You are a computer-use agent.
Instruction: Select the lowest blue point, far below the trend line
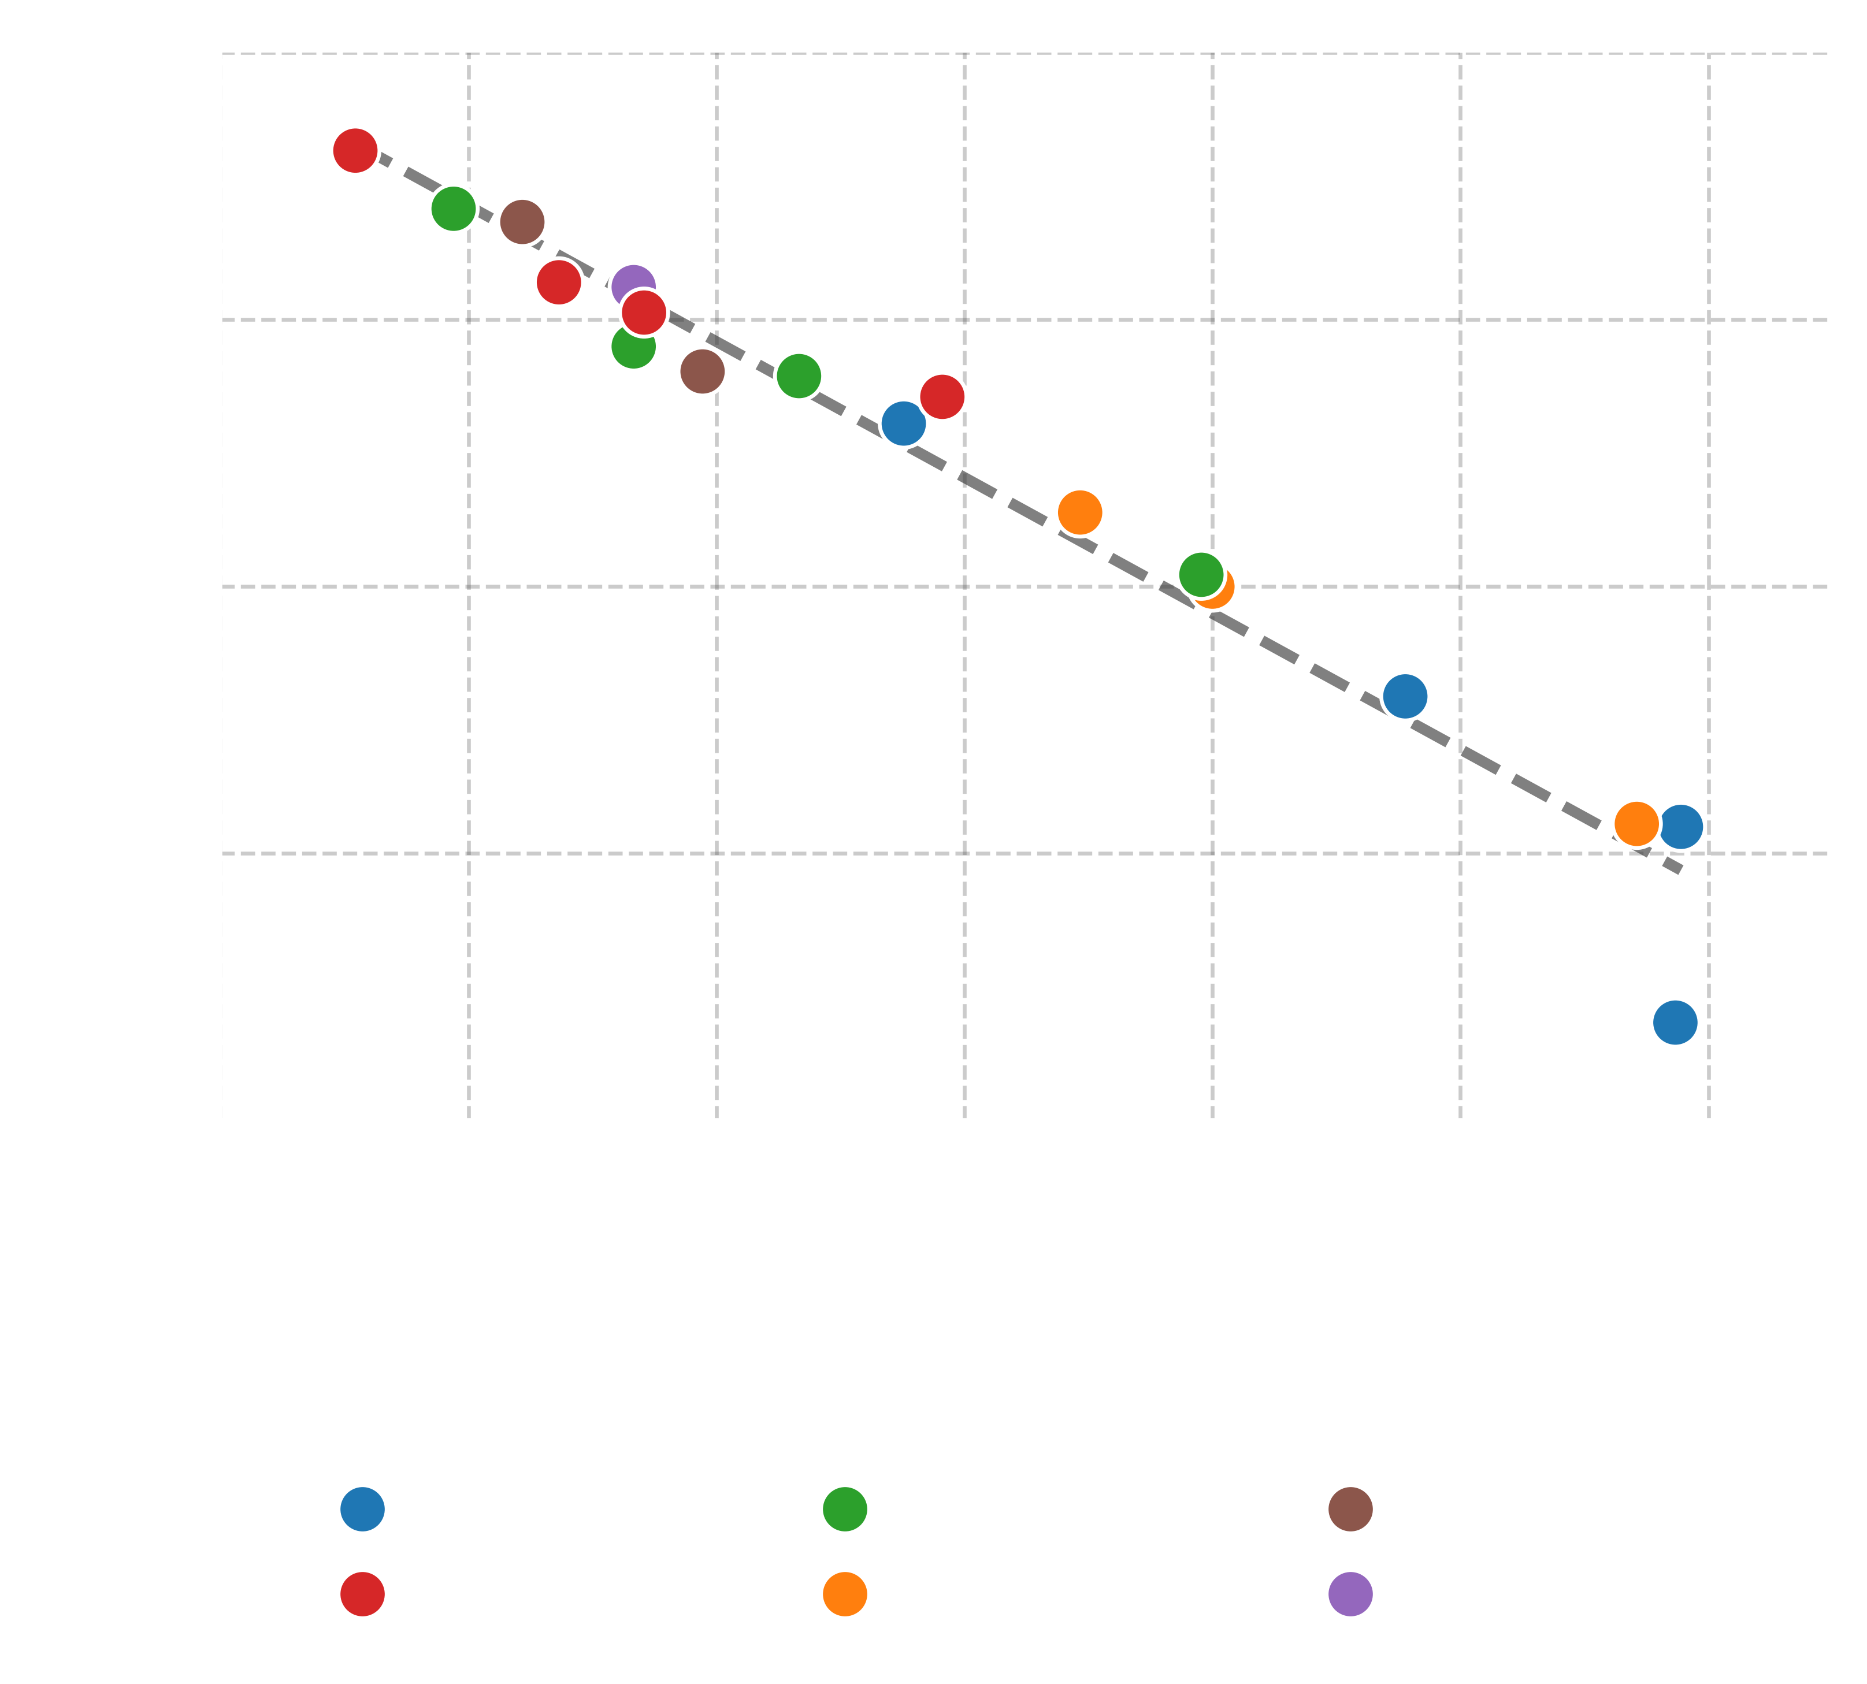(1675, 1023)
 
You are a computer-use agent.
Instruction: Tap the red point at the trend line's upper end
(355, 150)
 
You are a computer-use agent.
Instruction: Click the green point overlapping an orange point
(1201, 575)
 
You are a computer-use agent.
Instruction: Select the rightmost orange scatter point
(1636, 823)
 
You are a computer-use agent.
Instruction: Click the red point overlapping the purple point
(643, 313)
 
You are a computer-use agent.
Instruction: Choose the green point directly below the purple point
(633, 347)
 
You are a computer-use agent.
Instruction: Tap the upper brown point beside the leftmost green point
(522, 222)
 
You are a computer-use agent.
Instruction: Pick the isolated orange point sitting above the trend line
(1079, 512)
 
